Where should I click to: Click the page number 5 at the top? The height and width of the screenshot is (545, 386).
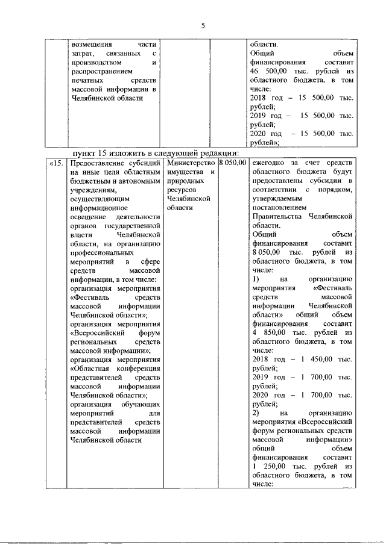(x=203, y=25)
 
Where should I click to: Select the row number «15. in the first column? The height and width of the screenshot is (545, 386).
(x=57, y=163)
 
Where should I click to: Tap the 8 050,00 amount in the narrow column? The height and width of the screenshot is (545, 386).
(x=232, y=163)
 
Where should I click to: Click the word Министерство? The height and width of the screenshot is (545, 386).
(x=191, y=163)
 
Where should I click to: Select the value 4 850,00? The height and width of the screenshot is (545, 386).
(x=264, y=332)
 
